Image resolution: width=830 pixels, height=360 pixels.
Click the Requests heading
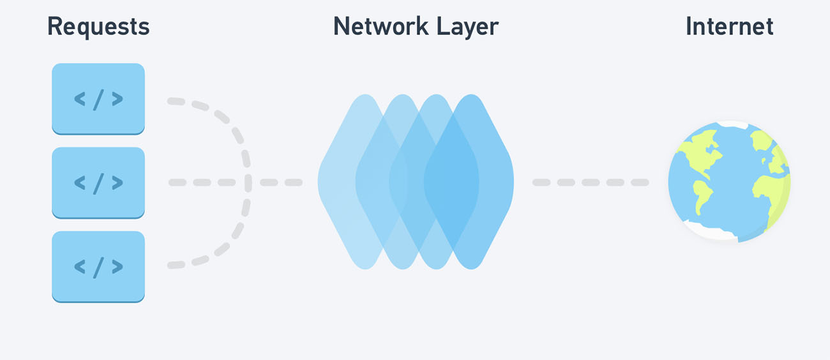[x=98, y=27]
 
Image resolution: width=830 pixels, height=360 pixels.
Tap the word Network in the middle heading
[x=381, y=26]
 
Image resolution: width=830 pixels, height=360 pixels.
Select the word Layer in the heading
[x=467, y=27]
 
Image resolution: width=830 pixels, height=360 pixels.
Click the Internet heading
[x=729, y=26]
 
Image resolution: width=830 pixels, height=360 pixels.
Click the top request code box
[x=98, y=99]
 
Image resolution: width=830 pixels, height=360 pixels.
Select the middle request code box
[x=98, y=183]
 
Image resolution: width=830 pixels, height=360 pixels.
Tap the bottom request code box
[x=98, y=267]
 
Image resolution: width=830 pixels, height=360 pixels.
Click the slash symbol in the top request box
[x=98, y=100]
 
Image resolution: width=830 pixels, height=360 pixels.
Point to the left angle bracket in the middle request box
[x=80, y=183]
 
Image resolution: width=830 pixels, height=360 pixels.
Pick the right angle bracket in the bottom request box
[x=117, y=267]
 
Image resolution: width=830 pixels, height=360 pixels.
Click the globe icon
[x=729, y=181]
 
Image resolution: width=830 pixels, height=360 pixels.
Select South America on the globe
[x=702, y=195]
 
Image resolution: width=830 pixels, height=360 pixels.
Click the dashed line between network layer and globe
[x=591, y=182]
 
